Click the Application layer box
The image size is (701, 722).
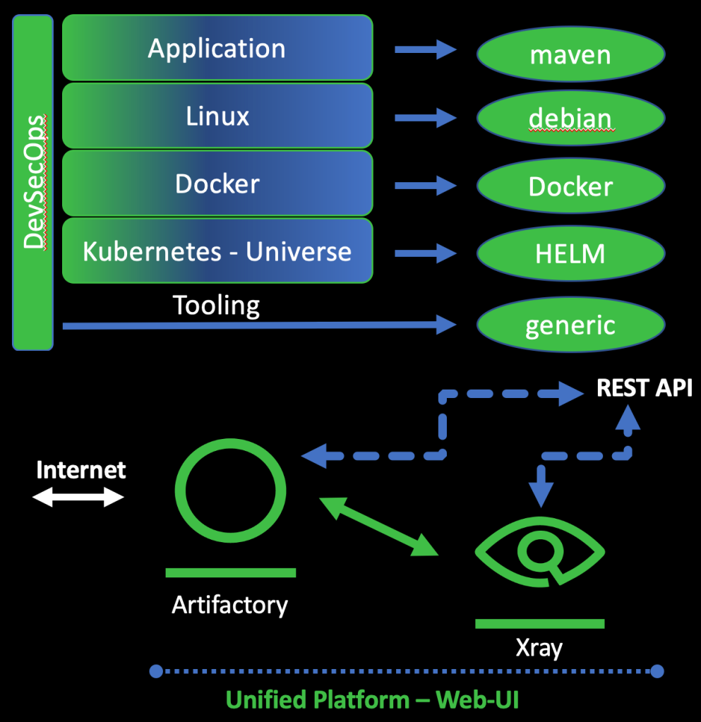(217, 48)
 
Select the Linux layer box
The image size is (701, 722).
(217, 116)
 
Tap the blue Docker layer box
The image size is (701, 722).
(217, 183)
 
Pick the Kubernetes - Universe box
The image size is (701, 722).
(217, 251)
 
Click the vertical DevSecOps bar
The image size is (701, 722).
(33, 182)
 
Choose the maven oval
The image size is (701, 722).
(570, 54)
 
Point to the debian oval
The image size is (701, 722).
(570, 118)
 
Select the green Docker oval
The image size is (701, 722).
(570, 186)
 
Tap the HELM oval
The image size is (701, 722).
(570, 253)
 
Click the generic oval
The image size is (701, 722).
(570, 325)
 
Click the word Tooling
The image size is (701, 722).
(216, 306)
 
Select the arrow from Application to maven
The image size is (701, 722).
(425, 49)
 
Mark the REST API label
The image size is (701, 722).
(645, 388)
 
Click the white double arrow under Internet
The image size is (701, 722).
(78, 498)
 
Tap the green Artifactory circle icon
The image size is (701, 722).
(230, 493)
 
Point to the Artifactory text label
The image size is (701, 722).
(230, 605)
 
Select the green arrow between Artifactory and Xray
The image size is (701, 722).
(379, 526)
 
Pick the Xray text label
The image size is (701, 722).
(539, 647)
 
